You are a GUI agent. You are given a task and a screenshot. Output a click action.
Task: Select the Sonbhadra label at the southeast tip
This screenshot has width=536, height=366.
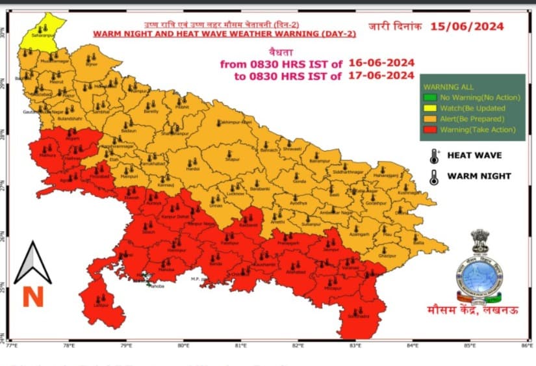pyautogui.click(x=358, y=316)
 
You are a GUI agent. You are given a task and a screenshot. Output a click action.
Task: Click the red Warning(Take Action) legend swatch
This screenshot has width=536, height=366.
pyautogui.click(x=428, y=130)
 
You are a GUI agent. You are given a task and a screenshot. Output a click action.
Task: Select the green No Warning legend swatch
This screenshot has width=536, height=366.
pyautogui.click(x=428, y=97)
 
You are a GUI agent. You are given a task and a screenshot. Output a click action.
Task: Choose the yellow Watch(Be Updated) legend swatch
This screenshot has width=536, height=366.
pyautogui.click(x=428, y=108)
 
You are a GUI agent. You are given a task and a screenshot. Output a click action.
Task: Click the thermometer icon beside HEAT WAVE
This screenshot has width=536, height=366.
pyautogui.click(x=433, y=156)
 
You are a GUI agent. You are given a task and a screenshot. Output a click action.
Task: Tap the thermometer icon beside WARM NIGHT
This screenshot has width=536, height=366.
pyautogui.click(x=433, y=176)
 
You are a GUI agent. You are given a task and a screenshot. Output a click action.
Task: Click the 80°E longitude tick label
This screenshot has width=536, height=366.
pyautogui.click(x=183, y=345)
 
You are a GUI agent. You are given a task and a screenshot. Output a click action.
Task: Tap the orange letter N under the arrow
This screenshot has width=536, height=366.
pyautogui.click(x=32, y=296)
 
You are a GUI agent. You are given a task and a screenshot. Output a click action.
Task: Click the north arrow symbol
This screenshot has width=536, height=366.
pyautogui.click(x=32, y=261)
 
